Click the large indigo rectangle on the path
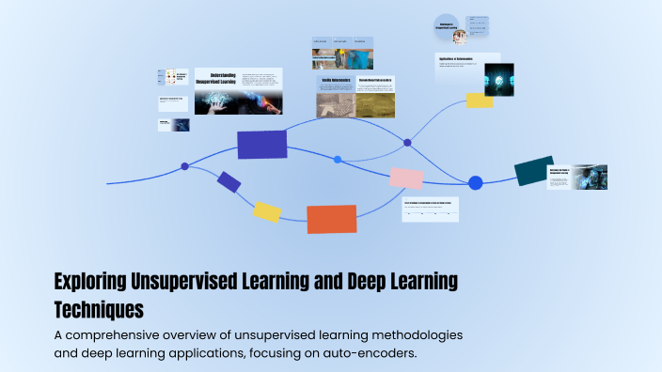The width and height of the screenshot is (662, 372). (261, 144)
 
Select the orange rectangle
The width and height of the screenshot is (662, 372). (331, 218)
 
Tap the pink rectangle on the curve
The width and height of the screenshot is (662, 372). (405, 178)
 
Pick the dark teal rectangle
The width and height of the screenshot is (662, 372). (533, 171)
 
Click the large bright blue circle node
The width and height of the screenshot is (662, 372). (475, 182)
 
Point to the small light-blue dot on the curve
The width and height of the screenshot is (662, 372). (338, 160)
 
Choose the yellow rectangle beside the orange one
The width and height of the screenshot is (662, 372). (267, 212)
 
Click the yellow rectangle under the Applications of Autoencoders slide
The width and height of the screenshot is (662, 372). (480, 101)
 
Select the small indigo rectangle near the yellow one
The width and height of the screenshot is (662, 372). (229, 181)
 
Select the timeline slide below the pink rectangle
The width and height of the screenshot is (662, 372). (430, 209)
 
